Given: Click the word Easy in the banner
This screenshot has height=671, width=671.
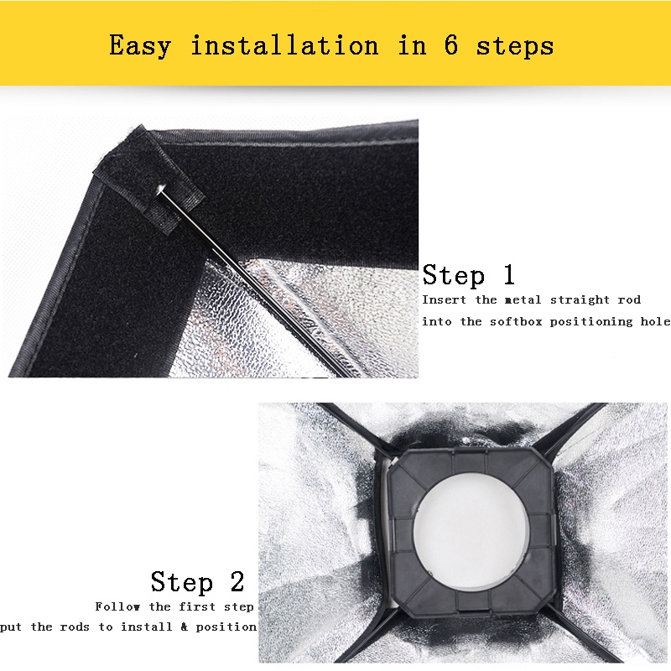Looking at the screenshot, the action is click(x=140, y=46).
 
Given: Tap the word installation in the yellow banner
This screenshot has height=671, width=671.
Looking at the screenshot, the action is click(x=284, y=44).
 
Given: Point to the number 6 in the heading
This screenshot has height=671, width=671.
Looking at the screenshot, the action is click(x=451, y=44).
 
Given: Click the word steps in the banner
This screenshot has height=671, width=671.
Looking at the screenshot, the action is click(x=515, y=46).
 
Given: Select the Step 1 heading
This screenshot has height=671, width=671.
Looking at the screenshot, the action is click(x=468, y=275).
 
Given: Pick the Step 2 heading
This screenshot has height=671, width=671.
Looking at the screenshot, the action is click(x=197, y=581).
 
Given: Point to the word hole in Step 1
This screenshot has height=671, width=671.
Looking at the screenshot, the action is click(x=655, y=321).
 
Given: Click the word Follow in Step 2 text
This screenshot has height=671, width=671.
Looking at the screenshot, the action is click(x=117, y=606).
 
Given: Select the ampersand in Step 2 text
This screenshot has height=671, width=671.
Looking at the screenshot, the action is click(x=184, y=627).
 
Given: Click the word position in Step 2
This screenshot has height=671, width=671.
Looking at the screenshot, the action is click(x=226, y=627).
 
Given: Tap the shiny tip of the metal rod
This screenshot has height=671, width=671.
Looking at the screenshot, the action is click(x=161, y=188).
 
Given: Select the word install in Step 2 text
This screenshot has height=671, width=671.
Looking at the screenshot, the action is click(x=146, y=627).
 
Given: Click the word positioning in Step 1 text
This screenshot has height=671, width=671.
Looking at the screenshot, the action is click(x=591, y=322).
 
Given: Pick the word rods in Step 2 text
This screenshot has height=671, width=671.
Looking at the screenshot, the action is click(x=75, y=627).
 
